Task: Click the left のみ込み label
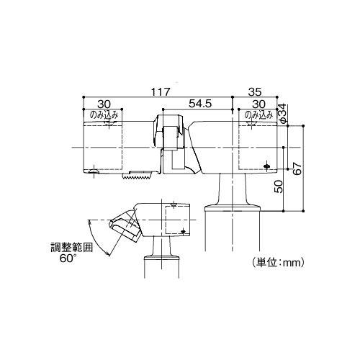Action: (102, 114)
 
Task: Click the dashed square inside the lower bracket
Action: (176, 220)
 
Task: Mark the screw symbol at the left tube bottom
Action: (92, 171)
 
